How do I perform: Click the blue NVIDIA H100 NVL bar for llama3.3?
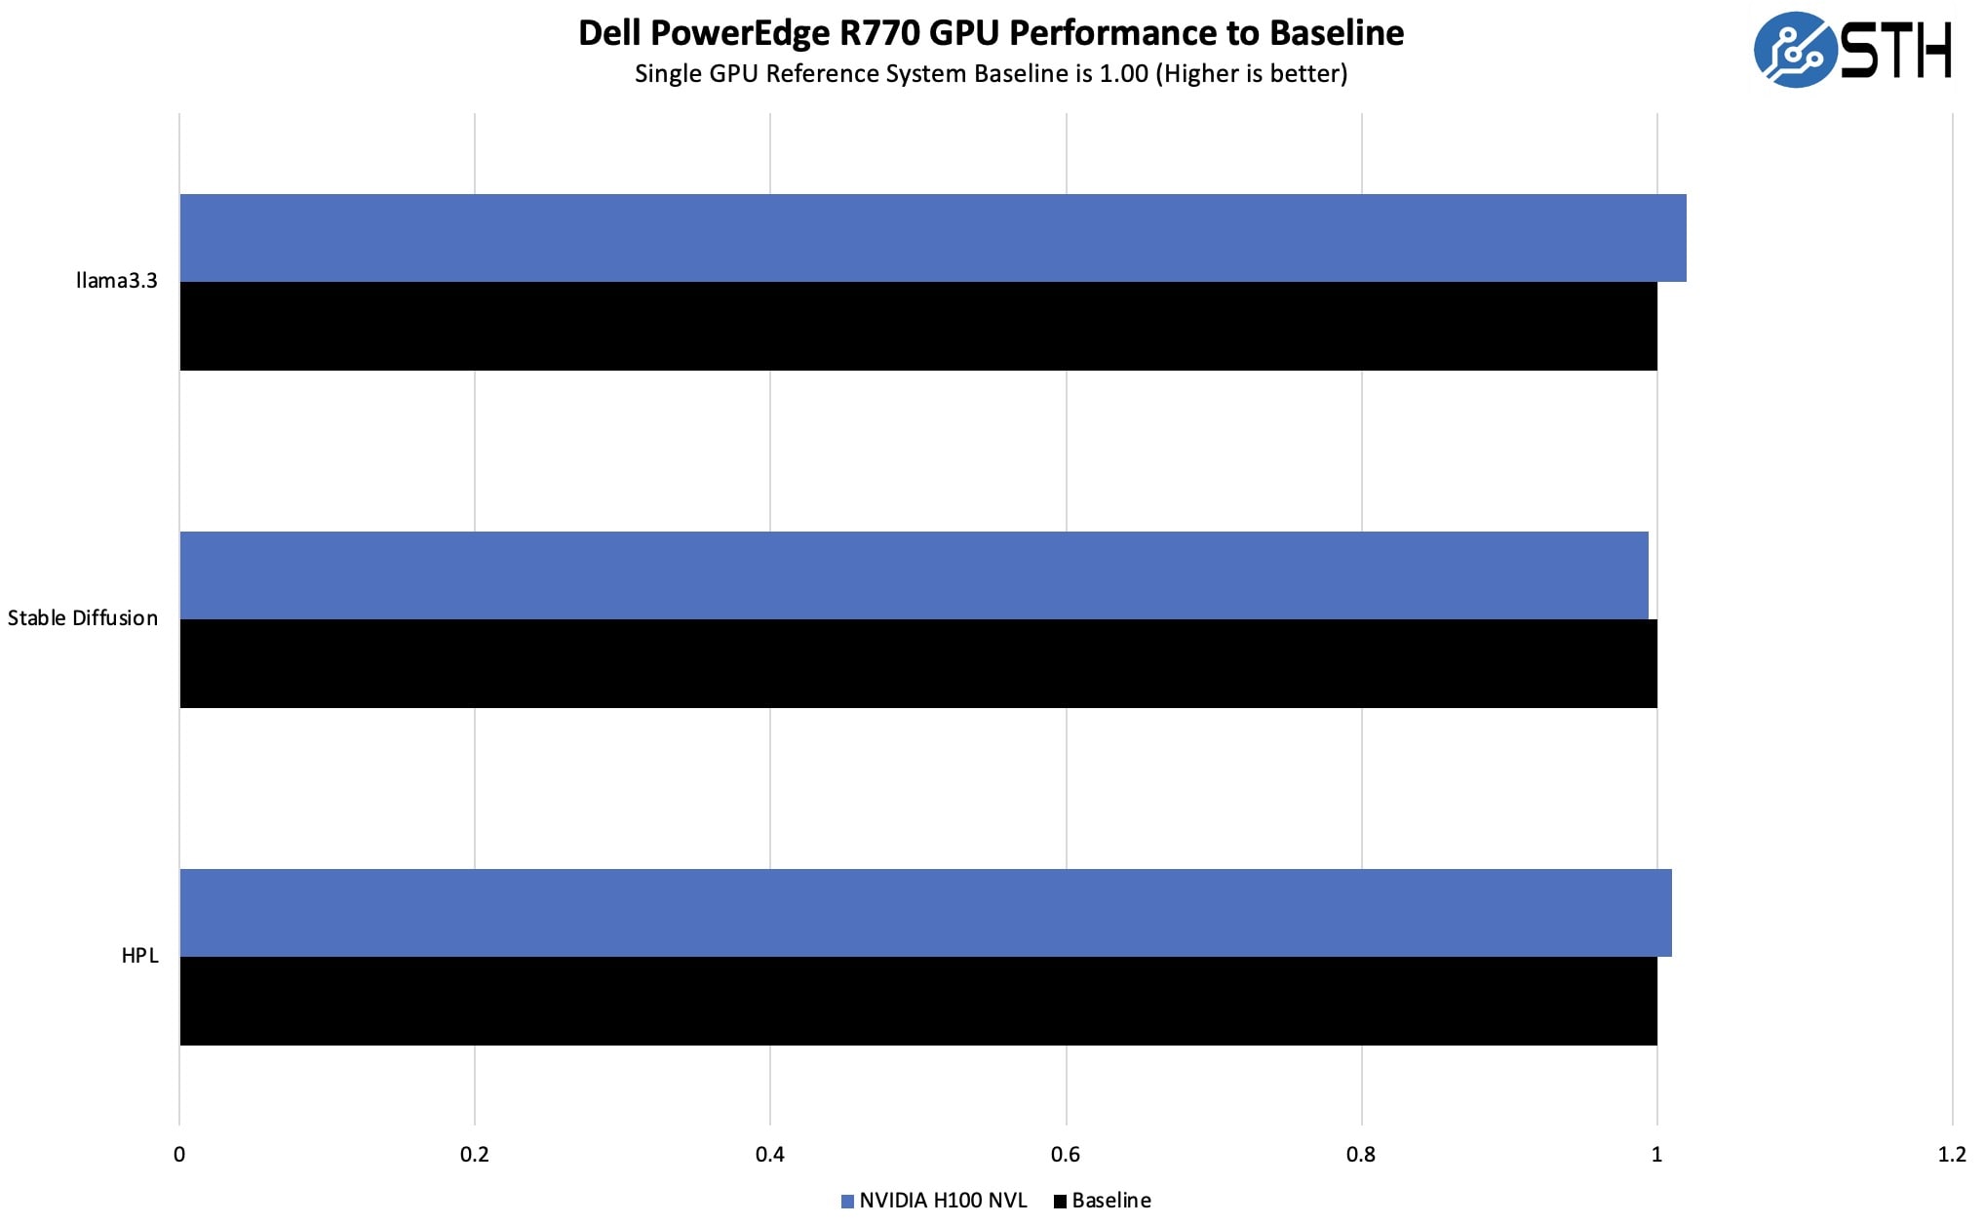point(932,238)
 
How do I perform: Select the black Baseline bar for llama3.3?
point(917,327)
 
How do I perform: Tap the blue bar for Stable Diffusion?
point(914,575)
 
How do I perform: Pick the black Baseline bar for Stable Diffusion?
point(917,664)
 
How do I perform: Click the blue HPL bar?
point(925,913)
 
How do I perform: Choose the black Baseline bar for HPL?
point(917,1002)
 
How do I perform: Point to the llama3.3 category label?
point(116,281)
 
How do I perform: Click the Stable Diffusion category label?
point(83,618)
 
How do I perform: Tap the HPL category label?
point(139,956)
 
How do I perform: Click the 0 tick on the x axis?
point(179,1155)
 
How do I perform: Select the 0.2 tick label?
point(475,1155)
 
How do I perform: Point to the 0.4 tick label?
point(770,1155)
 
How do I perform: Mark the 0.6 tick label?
point(1066,1155)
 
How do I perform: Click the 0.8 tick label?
point(1361,1155)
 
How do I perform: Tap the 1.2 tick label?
point(1952,1155)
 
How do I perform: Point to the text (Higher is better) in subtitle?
point(1251,74)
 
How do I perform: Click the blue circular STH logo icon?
point(1794,50)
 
